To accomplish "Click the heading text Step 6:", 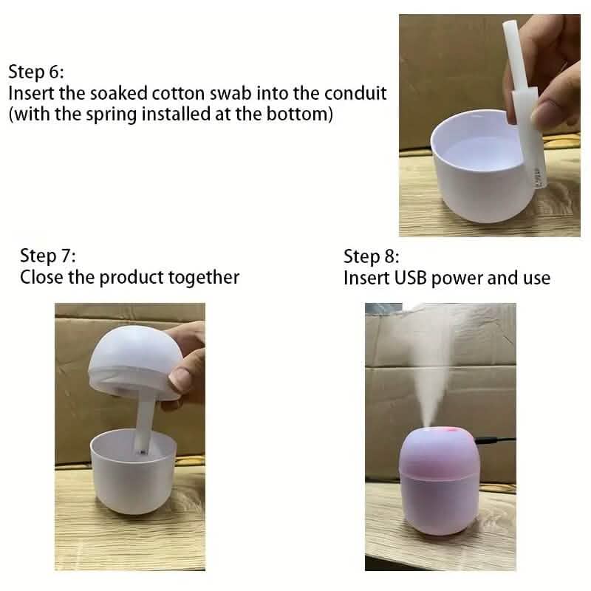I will pos(36,72).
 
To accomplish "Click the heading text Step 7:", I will pos(47,256).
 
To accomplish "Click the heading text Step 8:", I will pos(372,257).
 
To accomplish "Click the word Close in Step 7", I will pos(42,278).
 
